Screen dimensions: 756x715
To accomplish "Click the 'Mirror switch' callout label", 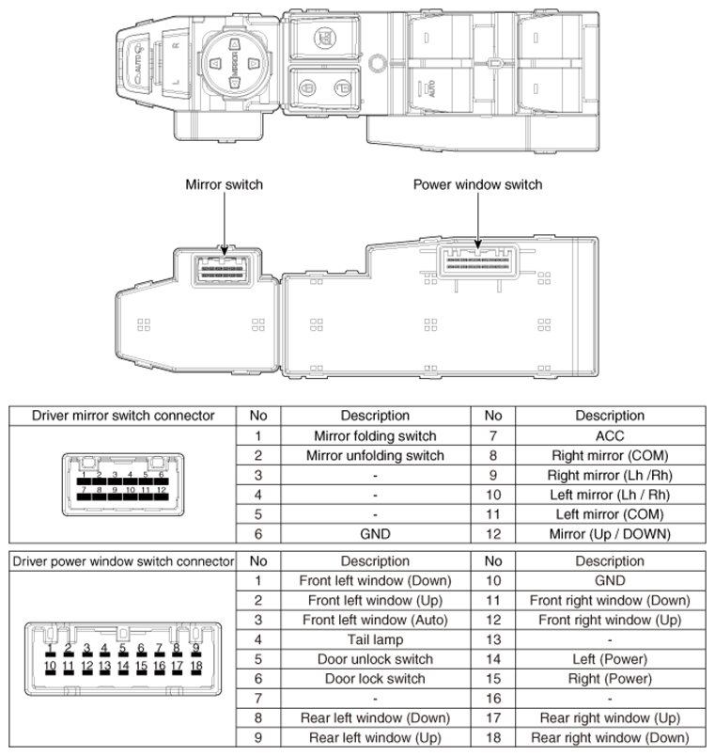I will [x=224, y=184].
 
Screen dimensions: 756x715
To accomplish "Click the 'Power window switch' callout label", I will [x=477, y=184].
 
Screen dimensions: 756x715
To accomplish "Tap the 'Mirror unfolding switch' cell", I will [x=375, y=456].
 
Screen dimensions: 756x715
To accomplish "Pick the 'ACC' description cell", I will [x=610, y=436].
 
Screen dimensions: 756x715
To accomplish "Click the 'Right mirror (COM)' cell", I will [x=610, y=456].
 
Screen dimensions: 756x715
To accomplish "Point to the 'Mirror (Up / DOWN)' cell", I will [x=610, y=534].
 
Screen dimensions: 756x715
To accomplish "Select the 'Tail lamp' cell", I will [x=375, y=639].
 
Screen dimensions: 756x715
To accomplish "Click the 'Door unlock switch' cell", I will [x=375, y=659].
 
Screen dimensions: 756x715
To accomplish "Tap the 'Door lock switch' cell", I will [x=375, y=679].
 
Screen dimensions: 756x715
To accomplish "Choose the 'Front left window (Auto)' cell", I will [x=375, y=620].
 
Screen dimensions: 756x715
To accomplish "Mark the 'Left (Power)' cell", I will [x=610, y=659].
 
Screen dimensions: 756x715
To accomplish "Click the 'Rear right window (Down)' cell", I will [x=610, y=738].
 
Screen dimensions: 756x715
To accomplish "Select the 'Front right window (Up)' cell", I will [x=610, y=620].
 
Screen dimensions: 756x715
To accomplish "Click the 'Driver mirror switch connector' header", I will [x=123, y=415].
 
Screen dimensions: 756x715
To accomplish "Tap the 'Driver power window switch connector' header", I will [x=123, y=561].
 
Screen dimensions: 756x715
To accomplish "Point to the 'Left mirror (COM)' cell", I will [x=610, y=514].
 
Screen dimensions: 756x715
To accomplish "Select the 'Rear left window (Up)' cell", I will [x=375, y=738].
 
